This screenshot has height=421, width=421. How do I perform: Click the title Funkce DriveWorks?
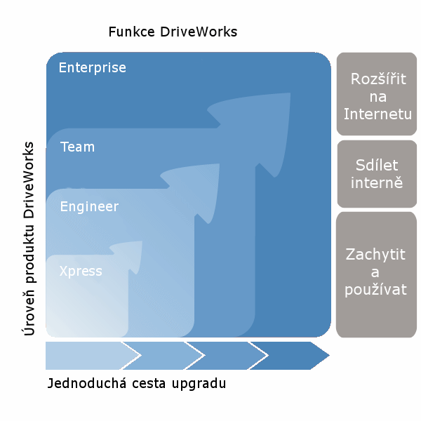tap(173, 32)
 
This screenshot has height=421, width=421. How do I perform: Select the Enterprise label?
tap(93, 68)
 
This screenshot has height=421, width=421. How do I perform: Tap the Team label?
tap(78, 147)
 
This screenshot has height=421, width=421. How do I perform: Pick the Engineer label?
tap(89, 207)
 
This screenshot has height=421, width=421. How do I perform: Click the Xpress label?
tap(81, 271)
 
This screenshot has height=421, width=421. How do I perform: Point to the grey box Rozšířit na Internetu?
tap(377, 94)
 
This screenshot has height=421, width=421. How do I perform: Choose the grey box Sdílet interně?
tap(377, 174)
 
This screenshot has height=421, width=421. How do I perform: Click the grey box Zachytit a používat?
tap(376, 274)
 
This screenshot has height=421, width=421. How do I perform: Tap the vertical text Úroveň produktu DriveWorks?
tap(29, 239)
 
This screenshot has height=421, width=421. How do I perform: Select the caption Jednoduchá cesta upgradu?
tap(137, 384)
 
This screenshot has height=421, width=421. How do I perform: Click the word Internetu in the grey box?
tap(377, 114)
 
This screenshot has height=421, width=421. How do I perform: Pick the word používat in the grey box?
tap(375, 290)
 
